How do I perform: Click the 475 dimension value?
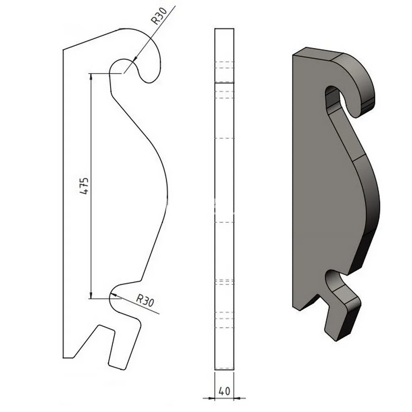click(x=84, y=186)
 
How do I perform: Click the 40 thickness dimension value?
click(x=224, y=391)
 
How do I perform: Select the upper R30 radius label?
click(x=159, y=16)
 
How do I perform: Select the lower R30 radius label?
click(x=145, y=301)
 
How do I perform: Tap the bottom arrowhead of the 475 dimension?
click(x=91, y=296)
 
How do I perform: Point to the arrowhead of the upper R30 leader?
click(x=134, y=60)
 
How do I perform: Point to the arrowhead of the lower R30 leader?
click(x=113, y=295)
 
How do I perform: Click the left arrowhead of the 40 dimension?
click(x=212, y=398)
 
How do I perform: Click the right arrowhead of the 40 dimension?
click(x=237, y=398)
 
